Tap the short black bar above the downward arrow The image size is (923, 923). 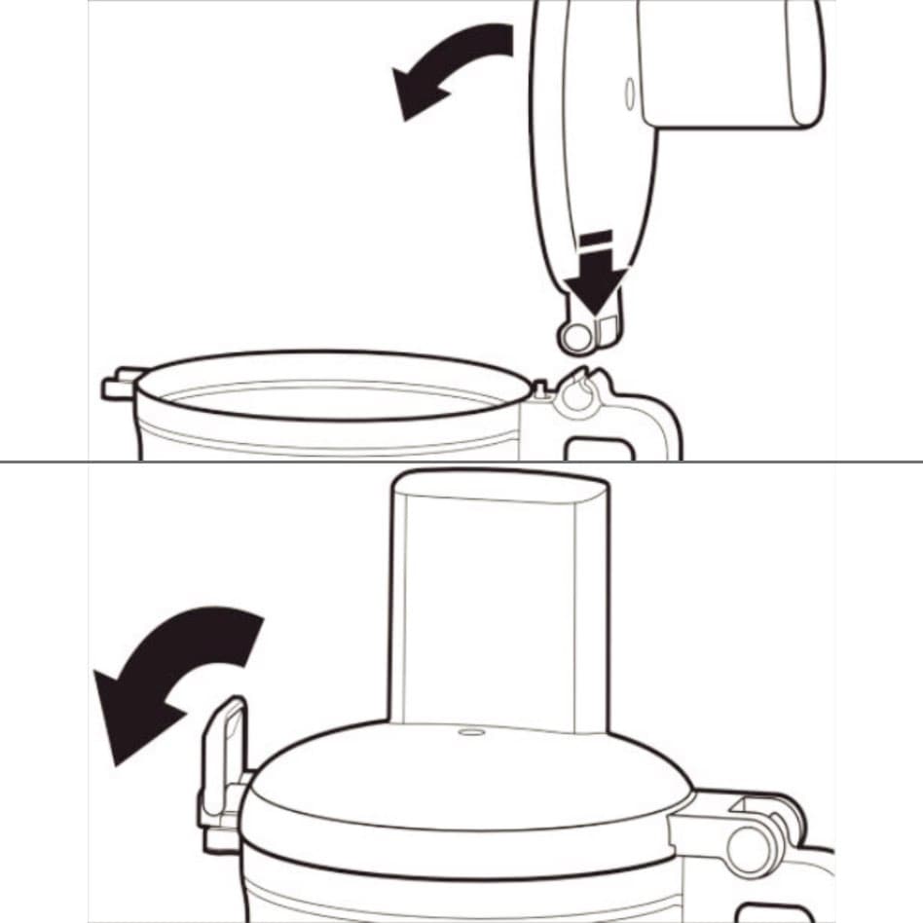(x=594, y=237)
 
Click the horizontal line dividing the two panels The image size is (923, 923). (x=461, y=461)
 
